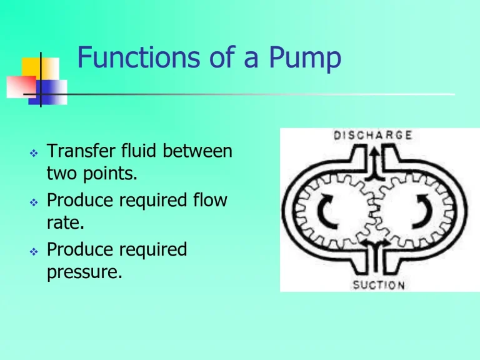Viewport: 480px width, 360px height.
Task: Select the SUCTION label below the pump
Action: [379, 285]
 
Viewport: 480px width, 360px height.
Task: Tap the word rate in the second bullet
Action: [61, 223]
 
